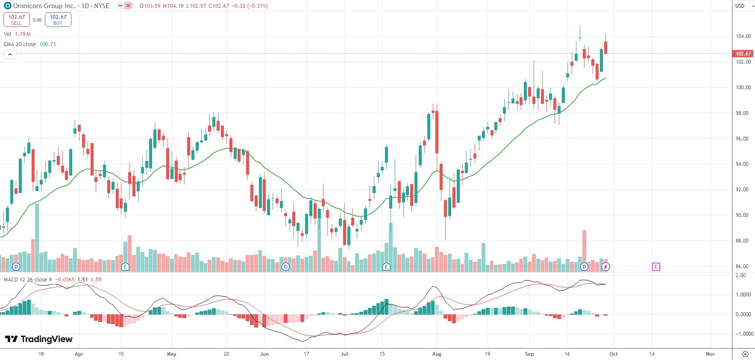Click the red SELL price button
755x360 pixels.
tap(17, 20)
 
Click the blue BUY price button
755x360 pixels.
tap(58, 20)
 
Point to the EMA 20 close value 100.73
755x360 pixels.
tap(47, 44)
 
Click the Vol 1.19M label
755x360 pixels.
tap(17, 34)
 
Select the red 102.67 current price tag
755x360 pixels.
tap(743, 54)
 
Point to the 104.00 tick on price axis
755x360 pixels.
tap(743, 36)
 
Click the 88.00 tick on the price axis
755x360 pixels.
tap(742, 241)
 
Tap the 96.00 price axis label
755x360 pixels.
tap(742, 139)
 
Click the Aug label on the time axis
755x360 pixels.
tap(437, 354)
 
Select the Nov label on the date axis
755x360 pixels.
tap(710, 354)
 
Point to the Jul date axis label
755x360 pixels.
tap(344, 354)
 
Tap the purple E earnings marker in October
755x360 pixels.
tap(656, 267)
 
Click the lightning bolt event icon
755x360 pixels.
tap(605, 267)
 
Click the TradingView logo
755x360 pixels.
tap(39, 339)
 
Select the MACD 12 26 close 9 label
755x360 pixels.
tap(28, 280)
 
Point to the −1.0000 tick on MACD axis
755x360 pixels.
tap(743, 334)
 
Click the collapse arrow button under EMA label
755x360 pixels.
tap(10, 54)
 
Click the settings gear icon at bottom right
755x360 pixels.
tap(745, 354)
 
